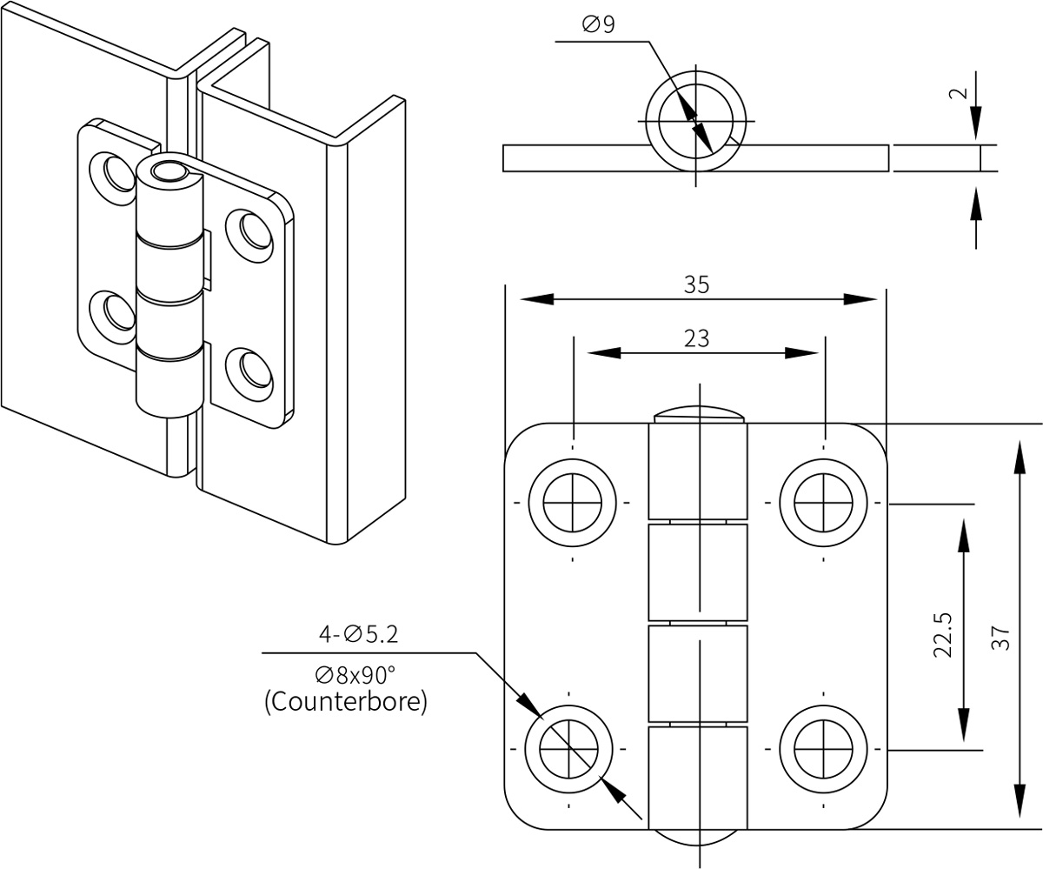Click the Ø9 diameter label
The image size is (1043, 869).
[598, 25]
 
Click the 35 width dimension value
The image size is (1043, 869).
[696, 284]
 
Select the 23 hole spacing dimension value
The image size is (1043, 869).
[696, 338]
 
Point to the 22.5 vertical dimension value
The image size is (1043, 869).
[942, 635]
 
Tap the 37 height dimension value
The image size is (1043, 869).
[1000, 638]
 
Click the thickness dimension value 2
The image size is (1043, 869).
[958, 93]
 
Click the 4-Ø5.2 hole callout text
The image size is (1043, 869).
[358, 635]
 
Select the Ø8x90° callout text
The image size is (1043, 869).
[355, 675]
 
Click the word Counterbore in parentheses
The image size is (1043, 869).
[346, 702]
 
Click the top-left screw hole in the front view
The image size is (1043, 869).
[572, 503]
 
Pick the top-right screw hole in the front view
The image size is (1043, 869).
[823, 503]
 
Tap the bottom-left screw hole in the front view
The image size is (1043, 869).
[568, 749]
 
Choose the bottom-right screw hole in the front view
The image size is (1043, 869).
[823, 749]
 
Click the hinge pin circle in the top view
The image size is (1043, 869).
[695, 121]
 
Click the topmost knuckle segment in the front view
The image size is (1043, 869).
[698, 471]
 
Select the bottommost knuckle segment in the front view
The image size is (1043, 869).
[698, 777]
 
